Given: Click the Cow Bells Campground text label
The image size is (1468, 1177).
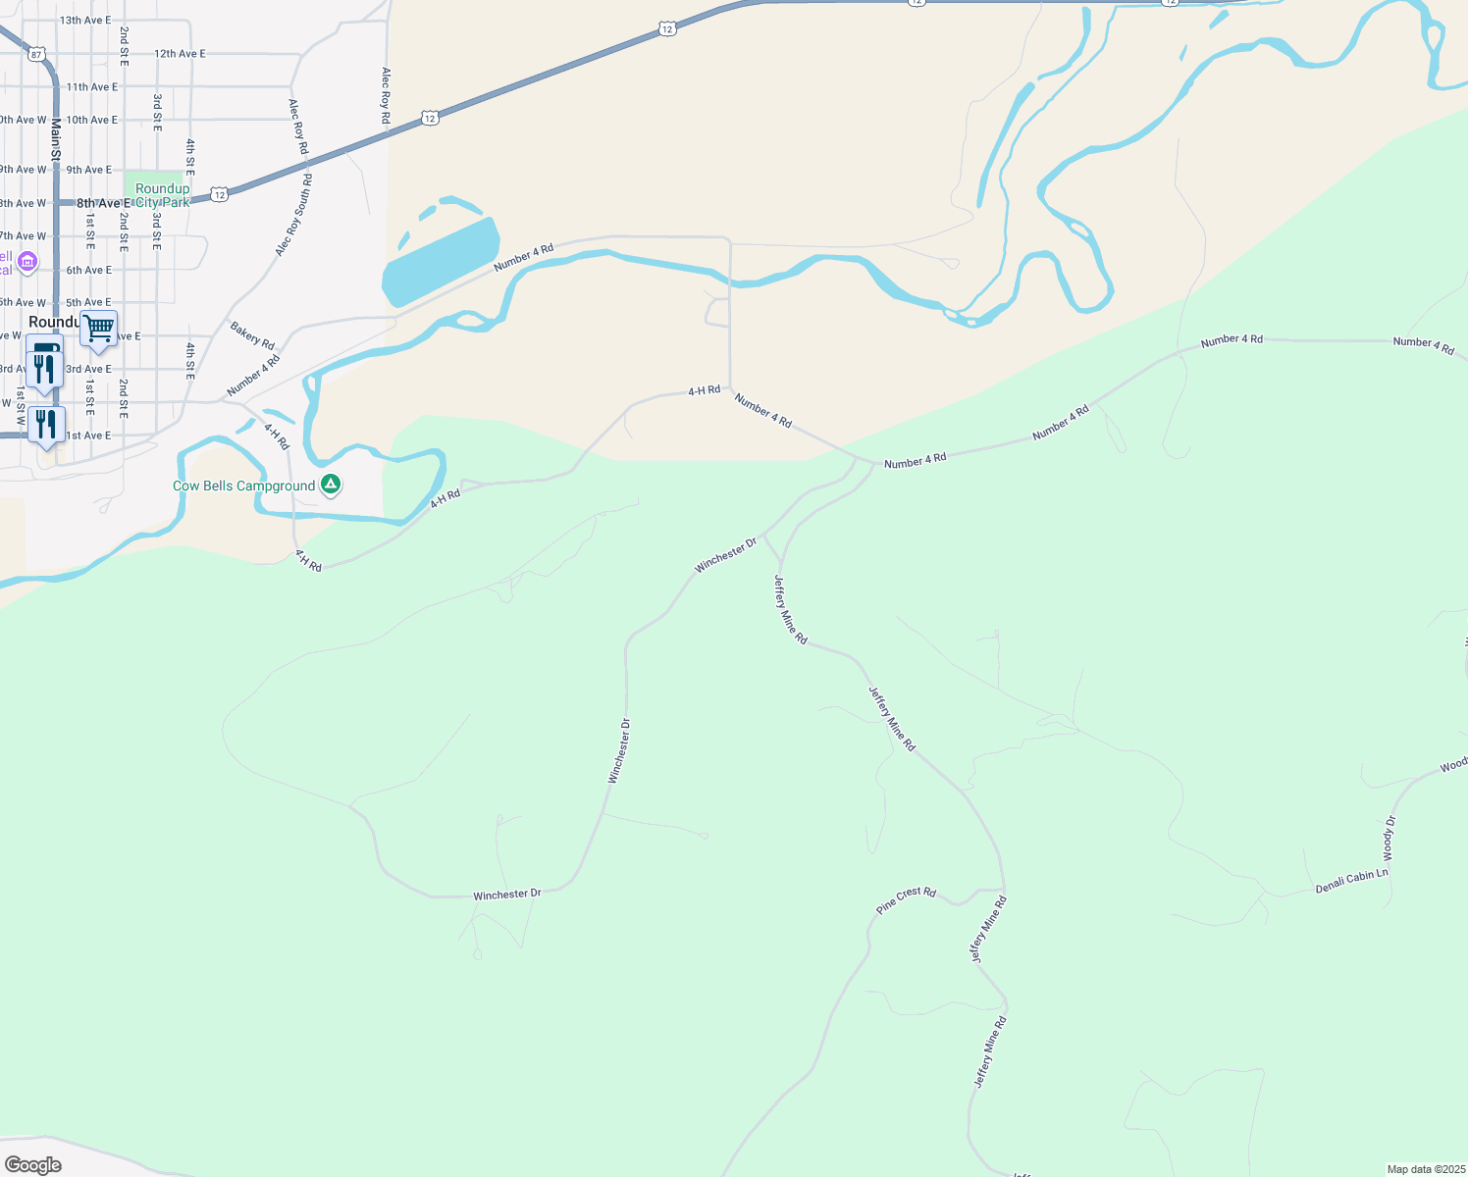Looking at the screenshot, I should tap(243, 486).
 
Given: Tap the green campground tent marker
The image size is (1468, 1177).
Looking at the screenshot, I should tap(332, 485).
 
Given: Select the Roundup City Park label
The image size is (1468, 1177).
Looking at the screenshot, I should tap(162, 195).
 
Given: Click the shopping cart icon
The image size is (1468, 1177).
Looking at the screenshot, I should tap(99, 330).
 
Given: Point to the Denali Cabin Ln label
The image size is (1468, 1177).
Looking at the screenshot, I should tap(1351, 881).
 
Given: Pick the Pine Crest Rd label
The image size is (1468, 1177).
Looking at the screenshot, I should tap(906, 899).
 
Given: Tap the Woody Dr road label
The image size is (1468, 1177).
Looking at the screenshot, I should tap(1389, 840).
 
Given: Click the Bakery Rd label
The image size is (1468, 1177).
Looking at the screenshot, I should tap(252, 334).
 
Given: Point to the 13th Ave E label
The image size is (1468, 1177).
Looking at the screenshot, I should tap(85, 21).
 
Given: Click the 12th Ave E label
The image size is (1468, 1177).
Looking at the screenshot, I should tap(180, 54).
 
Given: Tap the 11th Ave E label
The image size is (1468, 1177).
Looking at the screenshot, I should tap(92, 87).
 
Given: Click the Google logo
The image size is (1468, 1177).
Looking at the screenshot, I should tap(32, 1164).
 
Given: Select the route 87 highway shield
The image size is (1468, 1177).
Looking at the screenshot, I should tap(36, 54).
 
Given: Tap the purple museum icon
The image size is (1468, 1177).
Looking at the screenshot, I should tap(26, 261).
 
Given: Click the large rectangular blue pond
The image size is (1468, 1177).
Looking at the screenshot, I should tap(441, 261).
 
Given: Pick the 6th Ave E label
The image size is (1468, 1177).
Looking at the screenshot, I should tap(89, 270).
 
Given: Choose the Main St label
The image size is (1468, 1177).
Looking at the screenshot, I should tap(56, 139).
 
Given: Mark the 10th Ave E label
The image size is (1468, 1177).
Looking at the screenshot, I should tap(92, 120).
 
